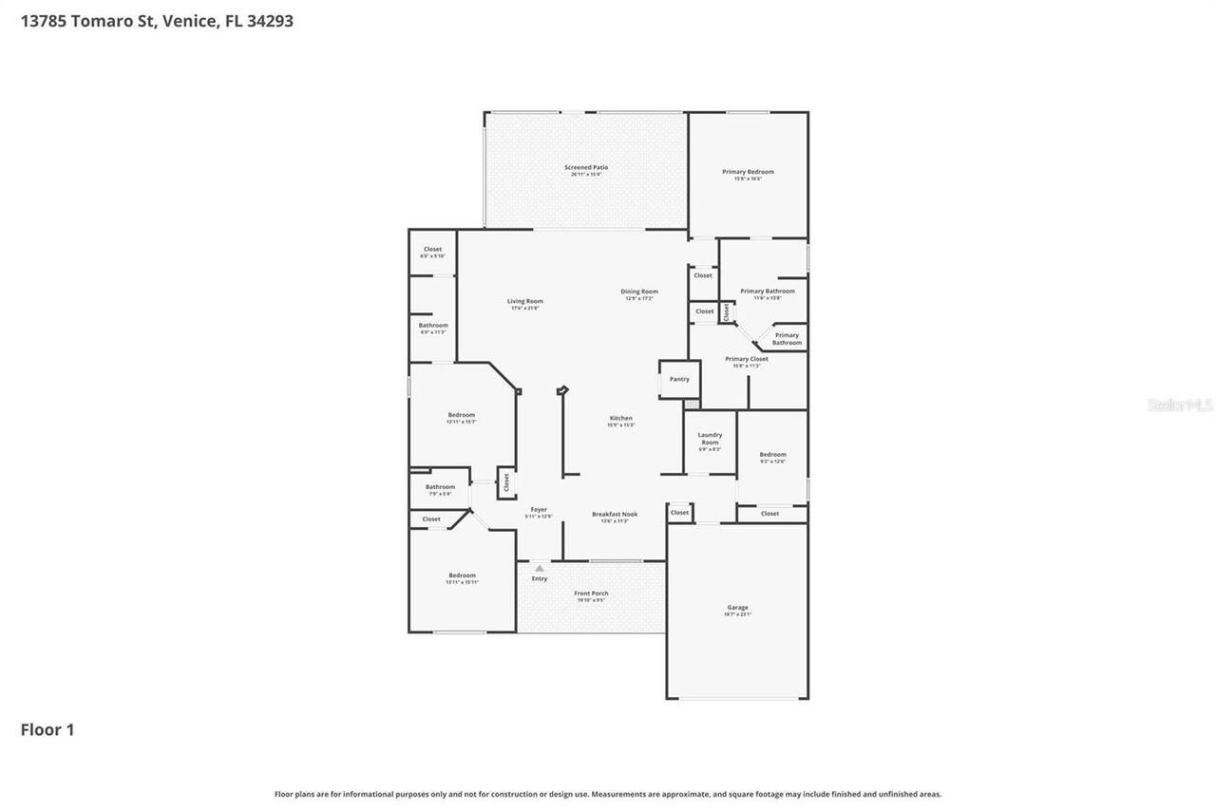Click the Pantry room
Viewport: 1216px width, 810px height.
(679, 379)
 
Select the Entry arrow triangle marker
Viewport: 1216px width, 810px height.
(540, 568)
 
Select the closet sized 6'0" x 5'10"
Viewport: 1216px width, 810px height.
(432, 252)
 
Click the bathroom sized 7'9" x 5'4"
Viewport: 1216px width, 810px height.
(440, 489)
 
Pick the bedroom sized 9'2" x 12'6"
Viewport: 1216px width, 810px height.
(772, 457)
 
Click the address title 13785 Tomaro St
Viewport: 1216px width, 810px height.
(157, 21)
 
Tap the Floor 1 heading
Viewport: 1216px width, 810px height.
(47, 729)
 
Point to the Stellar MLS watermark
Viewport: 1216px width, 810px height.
(1180, 405)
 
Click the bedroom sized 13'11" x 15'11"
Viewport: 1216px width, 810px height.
(462, 577)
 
